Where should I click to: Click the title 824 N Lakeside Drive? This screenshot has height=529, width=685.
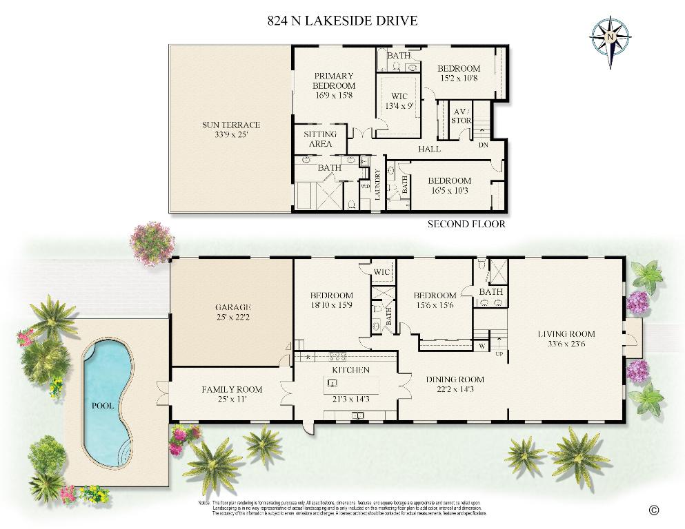[342, 20]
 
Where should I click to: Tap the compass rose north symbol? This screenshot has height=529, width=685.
[611, 34]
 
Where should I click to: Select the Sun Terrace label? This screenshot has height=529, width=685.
[231, 125]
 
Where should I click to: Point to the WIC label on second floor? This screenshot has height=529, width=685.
[399, 96]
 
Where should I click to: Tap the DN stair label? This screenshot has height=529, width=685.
[484, 145]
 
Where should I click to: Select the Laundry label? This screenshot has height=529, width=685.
[377, 185]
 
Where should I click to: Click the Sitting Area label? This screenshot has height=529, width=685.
[320, 138]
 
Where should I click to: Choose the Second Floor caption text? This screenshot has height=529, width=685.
[466, 224]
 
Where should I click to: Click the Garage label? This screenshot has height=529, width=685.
[232, 307]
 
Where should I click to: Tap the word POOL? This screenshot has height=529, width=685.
[103, 406]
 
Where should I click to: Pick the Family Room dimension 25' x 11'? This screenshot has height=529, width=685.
[232, 399]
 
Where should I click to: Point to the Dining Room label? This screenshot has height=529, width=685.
[455, 379]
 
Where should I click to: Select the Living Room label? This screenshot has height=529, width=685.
[566, 334]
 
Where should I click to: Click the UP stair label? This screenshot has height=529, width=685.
[499, 354]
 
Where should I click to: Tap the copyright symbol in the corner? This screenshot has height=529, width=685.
[654, 510]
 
